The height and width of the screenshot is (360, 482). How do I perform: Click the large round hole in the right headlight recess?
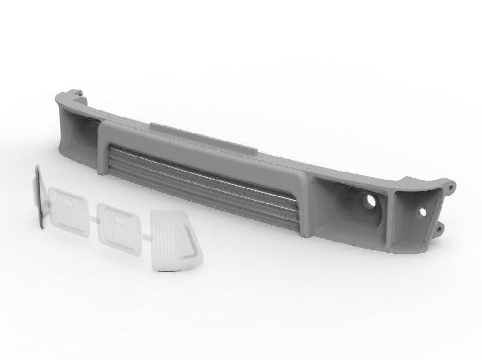tap(371, 201)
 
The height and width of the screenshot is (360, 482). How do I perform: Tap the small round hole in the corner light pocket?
tap(423, 212)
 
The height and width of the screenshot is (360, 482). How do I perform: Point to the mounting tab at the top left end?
tap(78, 92)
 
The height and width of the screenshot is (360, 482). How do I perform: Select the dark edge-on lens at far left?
tap(39, 198)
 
